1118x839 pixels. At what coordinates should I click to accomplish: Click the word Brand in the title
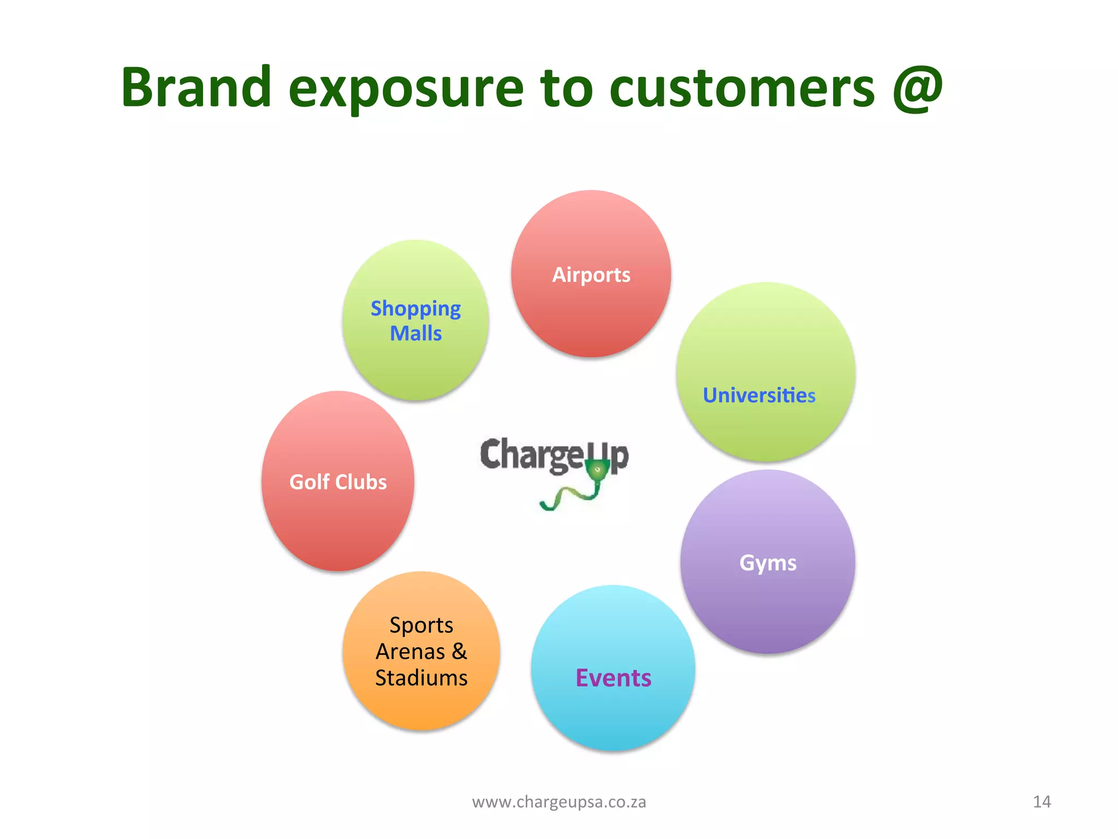[x=196, y=87]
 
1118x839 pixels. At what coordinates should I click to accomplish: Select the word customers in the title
[x=742, y=88]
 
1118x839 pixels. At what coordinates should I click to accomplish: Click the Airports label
[x=591, y=275]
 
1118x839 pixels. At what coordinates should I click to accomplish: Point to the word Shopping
[x=415, y=309]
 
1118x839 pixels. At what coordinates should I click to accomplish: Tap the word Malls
[x=415, y=333]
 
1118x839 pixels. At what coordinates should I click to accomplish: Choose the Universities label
[x=759, y=395]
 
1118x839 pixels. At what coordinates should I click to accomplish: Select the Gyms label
[x=768, y=563]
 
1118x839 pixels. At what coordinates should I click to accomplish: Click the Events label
[x=613, y=678]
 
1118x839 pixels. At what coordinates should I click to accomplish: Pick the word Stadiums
[x=421, y=678]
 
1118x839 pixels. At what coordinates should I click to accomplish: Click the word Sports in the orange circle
[x=421, y=625]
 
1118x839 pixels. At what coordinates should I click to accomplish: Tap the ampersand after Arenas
[x=459, y=651]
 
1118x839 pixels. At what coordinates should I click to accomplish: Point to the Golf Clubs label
[x=338, y=482]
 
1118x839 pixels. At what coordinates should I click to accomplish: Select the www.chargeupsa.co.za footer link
[x=559, y=802]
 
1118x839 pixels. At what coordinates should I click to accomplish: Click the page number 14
[x=1042, y=802]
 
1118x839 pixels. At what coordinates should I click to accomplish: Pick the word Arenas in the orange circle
[x=411, y=652]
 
